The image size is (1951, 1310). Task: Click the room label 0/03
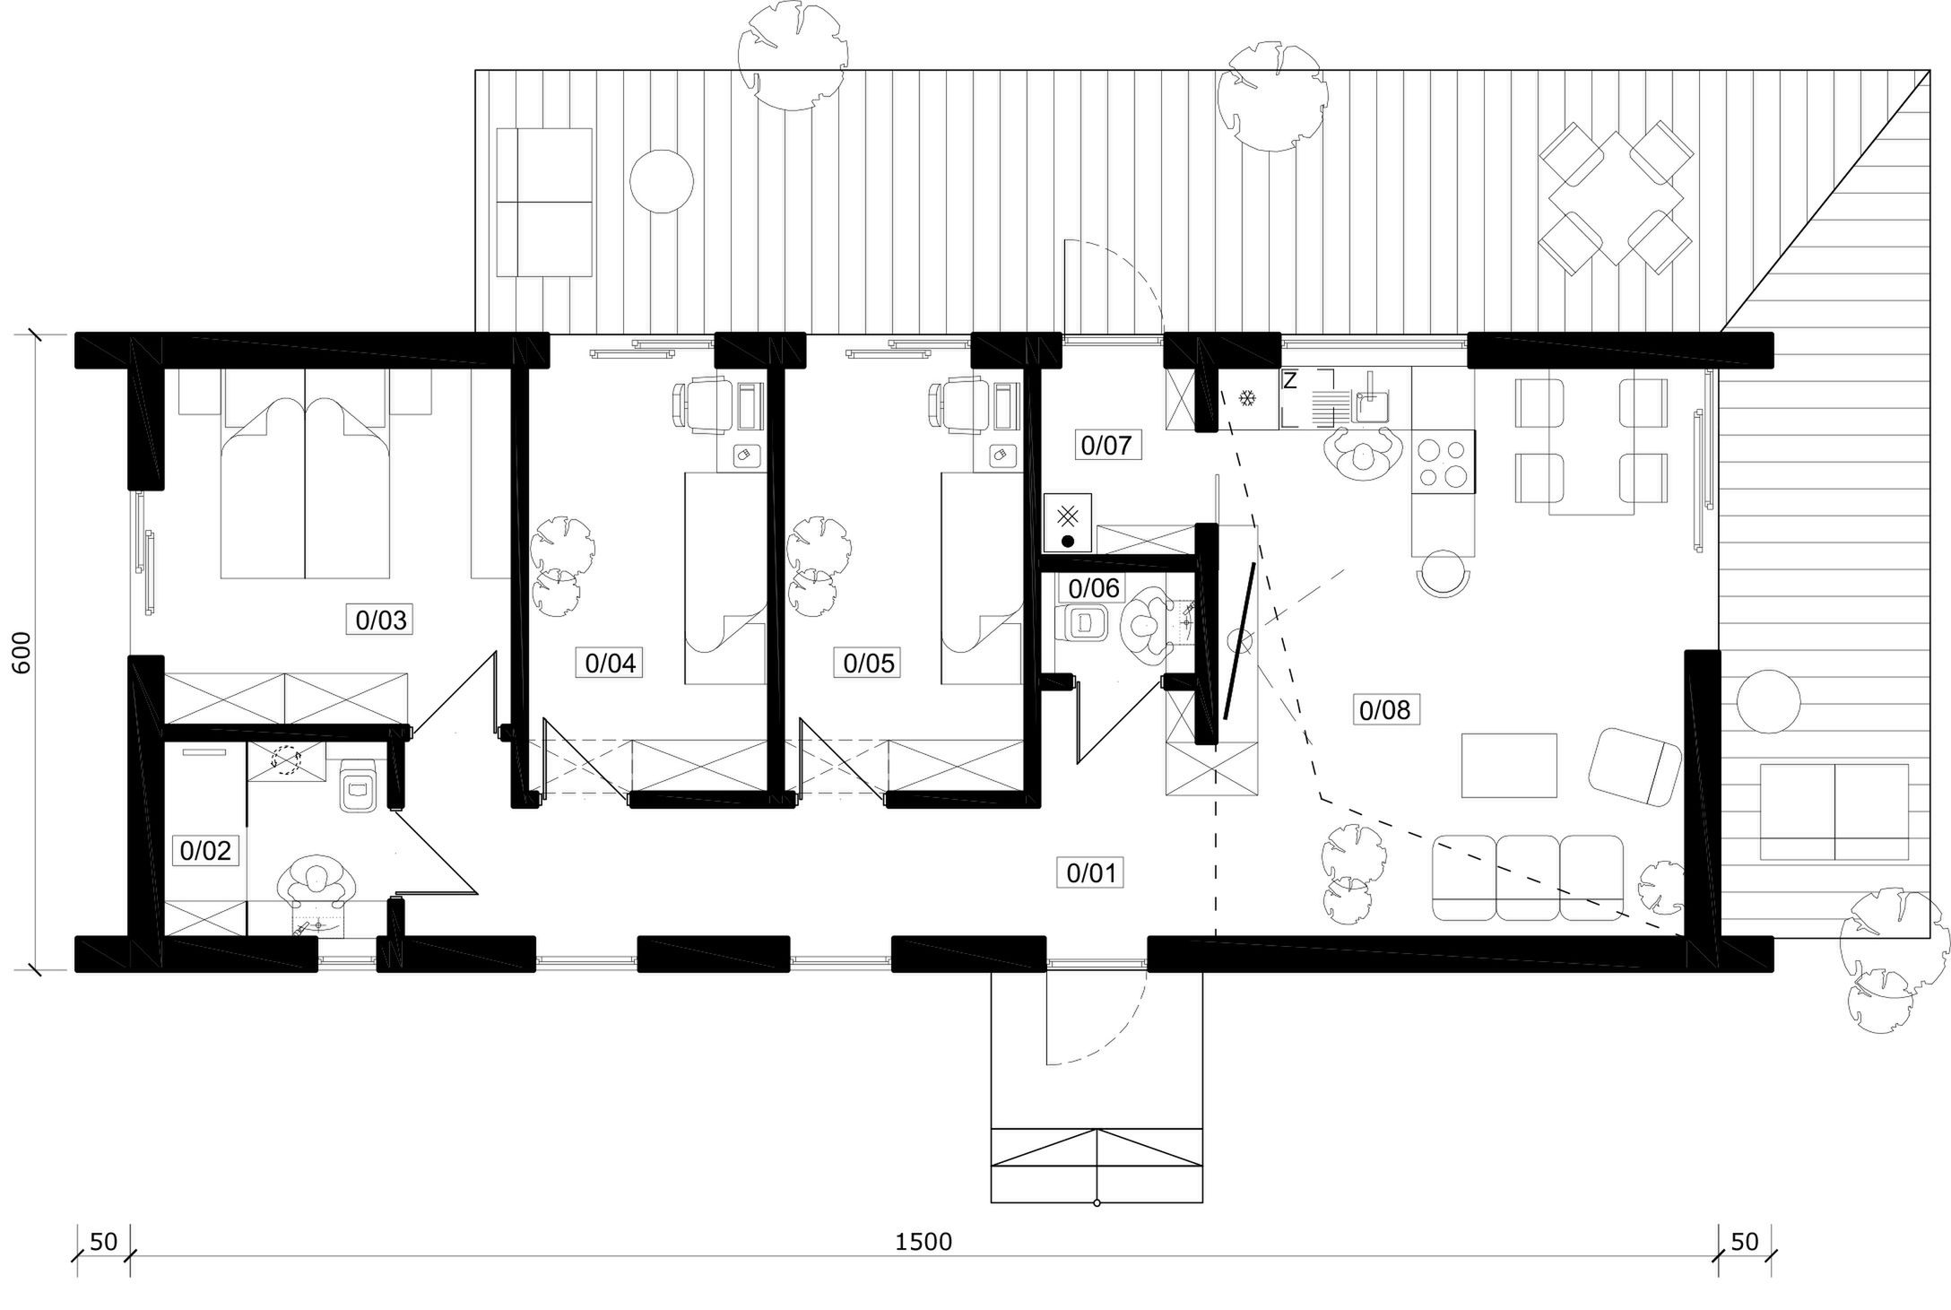[x=381, y=620]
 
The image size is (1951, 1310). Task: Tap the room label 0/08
[x=1385, y=710]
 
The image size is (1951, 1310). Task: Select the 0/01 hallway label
[x=1091, y=872]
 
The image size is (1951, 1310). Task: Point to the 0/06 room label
[x=1095, y=589]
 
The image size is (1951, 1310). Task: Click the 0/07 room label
[x=1106, y=445]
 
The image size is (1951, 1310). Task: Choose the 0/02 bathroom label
[x=206, y=850]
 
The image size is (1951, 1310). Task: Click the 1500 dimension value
[x=923, y=1242]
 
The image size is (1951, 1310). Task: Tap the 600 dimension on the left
[x=22, y=652]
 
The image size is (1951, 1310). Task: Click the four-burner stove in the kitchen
[x=1443, y=462]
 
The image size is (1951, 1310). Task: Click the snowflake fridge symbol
[x=1247, y=398]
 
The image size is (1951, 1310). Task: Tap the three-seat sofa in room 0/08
[x=1528, y=878]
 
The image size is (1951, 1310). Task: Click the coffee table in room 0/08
[x=1509, y=765]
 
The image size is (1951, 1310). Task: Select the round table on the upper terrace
[x=662, y=181]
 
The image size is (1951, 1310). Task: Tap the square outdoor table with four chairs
[x=1616, y=198]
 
